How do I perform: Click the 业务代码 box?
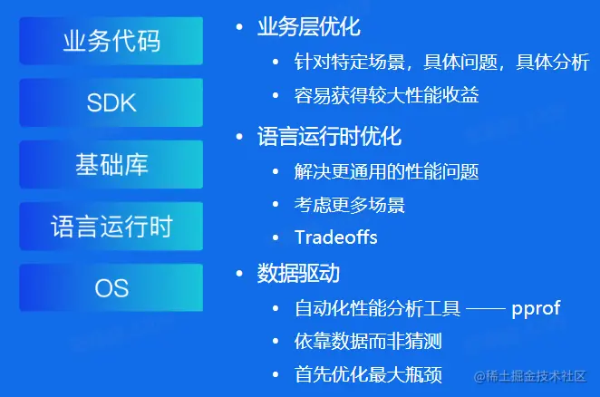[111, 41]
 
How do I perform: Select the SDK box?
[111, 102]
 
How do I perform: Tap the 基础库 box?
[111, 164]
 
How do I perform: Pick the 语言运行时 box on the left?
[111, 226]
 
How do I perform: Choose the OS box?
[111, 287]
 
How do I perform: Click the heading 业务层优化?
[309, 27]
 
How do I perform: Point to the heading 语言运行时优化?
[330, 136]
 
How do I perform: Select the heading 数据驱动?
[298, 274]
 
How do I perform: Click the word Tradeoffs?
[336, 237]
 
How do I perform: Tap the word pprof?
[536, 309]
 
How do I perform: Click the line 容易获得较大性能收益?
[386, 95]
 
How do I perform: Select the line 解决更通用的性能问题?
[386, 171]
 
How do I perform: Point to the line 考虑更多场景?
[349, 205]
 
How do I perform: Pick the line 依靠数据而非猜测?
[368, 341]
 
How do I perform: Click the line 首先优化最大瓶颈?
[368, 374]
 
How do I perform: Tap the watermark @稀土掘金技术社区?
[530, 376]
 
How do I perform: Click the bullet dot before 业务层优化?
[239, 27]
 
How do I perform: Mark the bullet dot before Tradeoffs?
[276, 237]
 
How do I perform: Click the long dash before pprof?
[486, 308]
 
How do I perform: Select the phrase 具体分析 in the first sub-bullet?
[553, 62]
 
